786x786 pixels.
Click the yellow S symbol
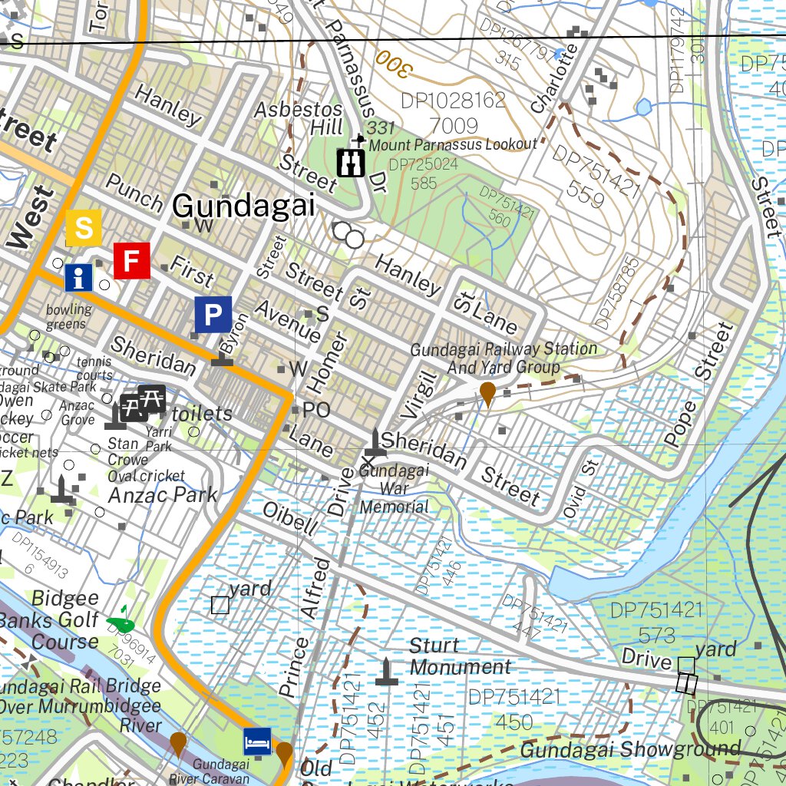[x=84, y=227]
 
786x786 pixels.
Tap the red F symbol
[x=132, y=260]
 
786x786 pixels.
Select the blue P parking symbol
[x=213, y=315]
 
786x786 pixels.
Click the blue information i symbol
[x=78, y=277]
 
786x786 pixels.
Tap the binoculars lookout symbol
[x=352, y=162]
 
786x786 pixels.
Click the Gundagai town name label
[x=244, y=206]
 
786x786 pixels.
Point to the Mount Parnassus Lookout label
[x=453, y=144]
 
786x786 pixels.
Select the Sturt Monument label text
[x=458, y=656]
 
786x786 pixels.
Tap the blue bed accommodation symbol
[x=257, y=741]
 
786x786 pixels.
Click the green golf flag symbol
[x=121, y=619]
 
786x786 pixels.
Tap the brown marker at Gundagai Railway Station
[x=487, y=394]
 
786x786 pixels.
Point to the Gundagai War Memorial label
[x=395, y=488]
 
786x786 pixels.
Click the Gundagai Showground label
[x=629, y=748]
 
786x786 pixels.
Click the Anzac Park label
[x=163, y=495]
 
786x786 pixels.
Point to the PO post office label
[x=315, y=411]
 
